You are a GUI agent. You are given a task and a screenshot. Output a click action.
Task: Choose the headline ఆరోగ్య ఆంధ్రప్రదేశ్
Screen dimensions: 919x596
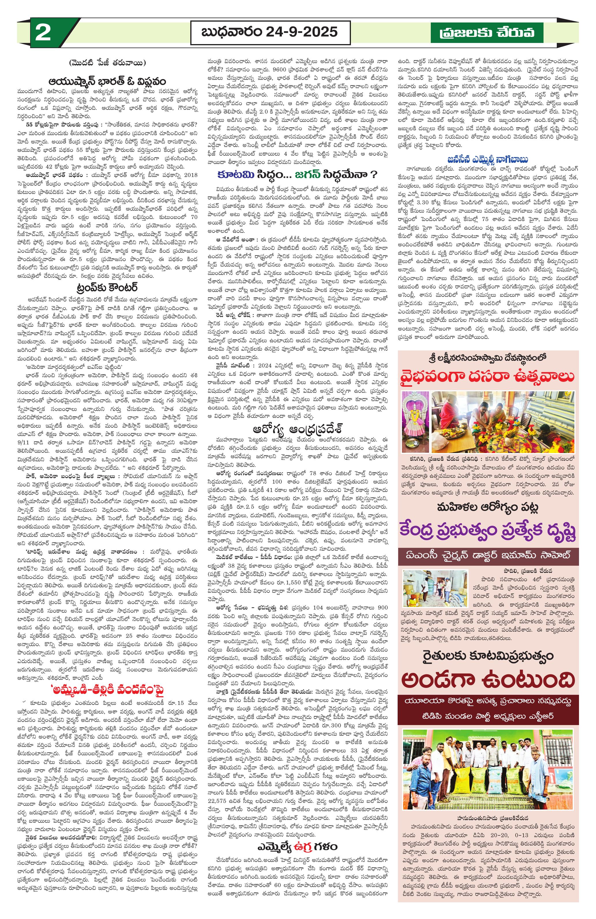[297, 429]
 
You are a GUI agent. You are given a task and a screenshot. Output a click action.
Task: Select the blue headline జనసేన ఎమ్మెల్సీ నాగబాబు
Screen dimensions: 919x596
[488, 159]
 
